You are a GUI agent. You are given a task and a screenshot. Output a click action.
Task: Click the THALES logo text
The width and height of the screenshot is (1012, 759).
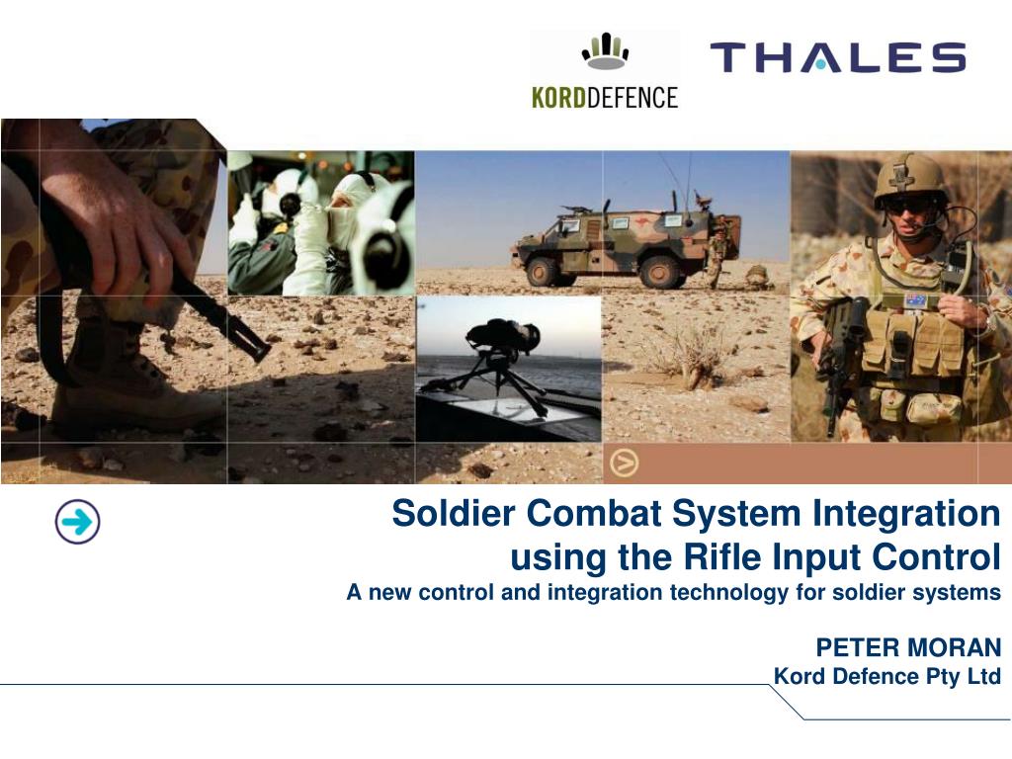tap(837, 57)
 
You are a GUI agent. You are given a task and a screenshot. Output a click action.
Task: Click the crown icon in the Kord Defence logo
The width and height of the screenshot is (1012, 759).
tap(605, 52)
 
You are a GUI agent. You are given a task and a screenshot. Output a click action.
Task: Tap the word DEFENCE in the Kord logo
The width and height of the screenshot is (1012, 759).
tap(633, 98)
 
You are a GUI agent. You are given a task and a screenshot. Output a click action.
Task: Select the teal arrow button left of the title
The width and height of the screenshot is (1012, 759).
tap(77, 522)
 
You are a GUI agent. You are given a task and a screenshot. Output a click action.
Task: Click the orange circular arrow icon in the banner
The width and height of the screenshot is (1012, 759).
tap(624, 462)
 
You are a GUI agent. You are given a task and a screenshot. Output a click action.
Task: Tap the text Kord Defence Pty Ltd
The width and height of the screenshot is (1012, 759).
tap(886, 677)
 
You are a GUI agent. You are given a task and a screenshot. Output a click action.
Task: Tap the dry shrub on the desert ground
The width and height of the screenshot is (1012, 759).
tap(692, 351)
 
